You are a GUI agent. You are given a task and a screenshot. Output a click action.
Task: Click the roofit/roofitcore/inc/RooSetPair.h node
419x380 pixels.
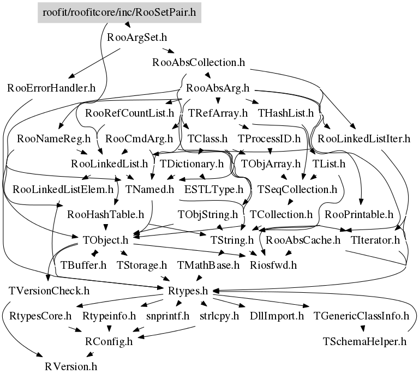tap(119, 12)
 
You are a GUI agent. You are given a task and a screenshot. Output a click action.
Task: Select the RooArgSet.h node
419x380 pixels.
tap(137, 38)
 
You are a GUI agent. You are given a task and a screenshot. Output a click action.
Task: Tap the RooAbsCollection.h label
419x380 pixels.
tap(199, 62)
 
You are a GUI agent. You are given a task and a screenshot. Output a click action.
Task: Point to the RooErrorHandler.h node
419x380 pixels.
tap(52, 88)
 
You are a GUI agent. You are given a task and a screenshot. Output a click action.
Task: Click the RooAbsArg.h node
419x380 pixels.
tap(218, 88)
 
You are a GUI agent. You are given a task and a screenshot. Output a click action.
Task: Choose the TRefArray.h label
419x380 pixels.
tap(218, 113)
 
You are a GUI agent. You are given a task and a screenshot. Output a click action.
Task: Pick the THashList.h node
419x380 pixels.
tap(286, 113)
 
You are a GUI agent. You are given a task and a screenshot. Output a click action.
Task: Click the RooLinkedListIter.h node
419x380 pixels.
tap(364, 138)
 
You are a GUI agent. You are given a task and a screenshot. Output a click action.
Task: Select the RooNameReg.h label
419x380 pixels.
tap(53, 138)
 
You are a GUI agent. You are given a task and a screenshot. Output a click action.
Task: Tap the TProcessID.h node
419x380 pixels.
tap(270, 138)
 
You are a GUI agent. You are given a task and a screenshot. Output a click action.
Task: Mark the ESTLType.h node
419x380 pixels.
tap(214, 190)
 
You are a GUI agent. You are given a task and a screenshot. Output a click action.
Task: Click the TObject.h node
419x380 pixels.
tap(105, 240)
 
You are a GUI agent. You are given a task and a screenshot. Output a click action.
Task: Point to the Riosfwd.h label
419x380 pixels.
tap(273, 266)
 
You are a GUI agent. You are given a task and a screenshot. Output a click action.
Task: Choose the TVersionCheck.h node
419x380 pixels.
tap(50, 290)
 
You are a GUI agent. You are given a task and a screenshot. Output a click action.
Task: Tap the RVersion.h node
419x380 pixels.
tap(71, 366)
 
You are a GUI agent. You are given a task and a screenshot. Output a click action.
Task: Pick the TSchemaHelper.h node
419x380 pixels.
tap(365, 341)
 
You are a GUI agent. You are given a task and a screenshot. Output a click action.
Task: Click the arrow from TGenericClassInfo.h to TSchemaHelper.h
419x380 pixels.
tap(362, 328)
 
